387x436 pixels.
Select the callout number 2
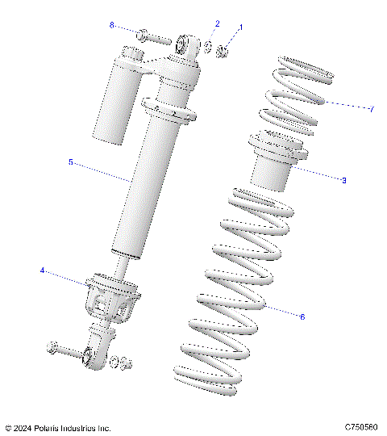(x=217, y=23)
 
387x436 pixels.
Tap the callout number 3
(x=343, y=180)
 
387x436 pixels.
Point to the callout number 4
(x=42, y=270)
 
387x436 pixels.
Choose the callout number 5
(x=71, y=161)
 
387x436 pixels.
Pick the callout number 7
(x=371, y=109)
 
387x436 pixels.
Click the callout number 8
(x=112, y=25)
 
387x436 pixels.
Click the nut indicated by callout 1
(x=227, y=51)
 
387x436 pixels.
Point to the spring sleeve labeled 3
(x=277, y=166)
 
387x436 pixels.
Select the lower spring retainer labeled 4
(x=111, y=299)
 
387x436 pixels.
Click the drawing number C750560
(x=362, y=427)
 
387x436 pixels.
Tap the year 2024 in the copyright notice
(x=27, y=428)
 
